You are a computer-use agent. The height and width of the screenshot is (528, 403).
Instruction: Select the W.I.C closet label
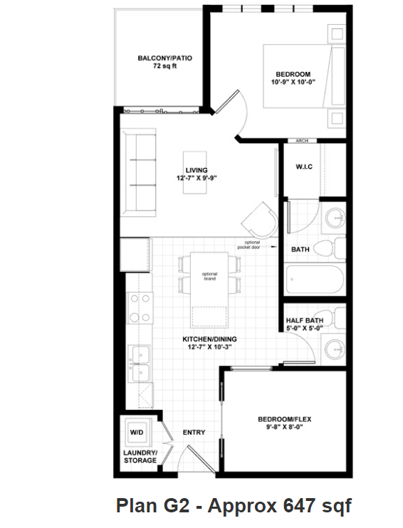[x=305, y=167]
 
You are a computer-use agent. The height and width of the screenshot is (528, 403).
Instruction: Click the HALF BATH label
[x=304, y=320]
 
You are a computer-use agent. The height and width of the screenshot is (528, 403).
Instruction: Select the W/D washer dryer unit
[x=136, y=432]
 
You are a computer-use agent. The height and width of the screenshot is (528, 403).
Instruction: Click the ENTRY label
[x=194, y=432]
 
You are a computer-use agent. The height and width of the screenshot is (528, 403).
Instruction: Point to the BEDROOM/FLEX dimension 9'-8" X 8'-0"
[x=285, y=428]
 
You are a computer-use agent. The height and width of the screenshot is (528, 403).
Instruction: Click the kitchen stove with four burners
[x=137, y=307]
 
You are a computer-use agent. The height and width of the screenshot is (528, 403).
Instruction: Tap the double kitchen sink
[x=137, y=362]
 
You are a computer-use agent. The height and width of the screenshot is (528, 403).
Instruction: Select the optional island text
[x=209, y=276]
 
